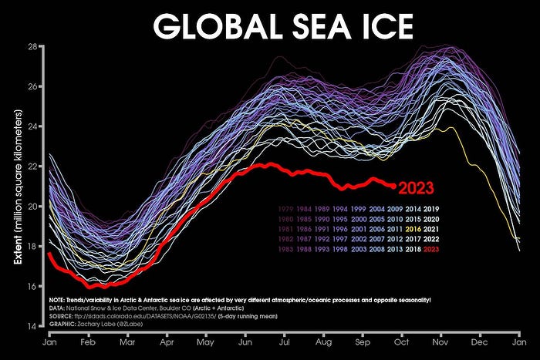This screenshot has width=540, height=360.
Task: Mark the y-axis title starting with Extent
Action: (x=18, y=186)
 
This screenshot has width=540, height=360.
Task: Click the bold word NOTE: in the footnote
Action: (x=60, y=299)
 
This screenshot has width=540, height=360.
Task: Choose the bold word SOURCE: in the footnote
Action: (x=63, y=316)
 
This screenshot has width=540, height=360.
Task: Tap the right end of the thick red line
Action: (x=394, y=186)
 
